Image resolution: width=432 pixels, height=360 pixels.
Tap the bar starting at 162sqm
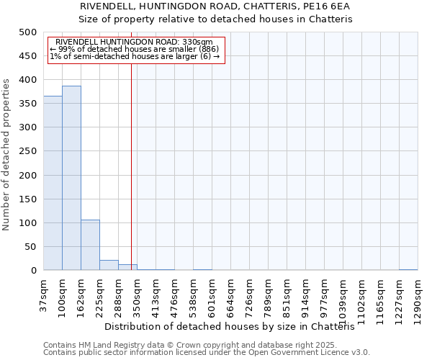90,245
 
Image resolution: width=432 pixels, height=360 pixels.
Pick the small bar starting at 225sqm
109,265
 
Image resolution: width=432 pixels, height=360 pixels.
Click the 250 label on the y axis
28,151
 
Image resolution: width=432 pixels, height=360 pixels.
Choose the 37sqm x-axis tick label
43,294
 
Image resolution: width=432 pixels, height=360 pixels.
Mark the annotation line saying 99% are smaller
139,49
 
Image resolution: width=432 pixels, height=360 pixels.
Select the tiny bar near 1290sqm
408,269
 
